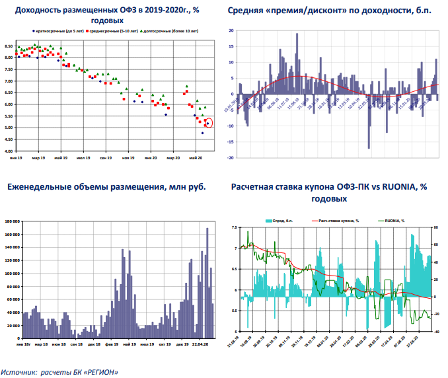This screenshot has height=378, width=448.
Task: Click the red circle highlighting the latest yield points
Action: [209, 122]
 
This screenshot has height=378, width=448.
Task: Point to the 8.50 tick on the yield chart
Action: [9, 46]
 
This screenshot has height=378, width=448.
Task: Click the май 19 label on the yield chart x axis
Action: [61, 159]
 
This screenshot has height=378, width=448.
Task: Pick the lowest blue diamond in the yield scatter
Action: [202, 133]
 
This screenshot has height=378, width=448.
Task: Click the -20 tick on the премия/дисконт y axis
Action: [229, 158]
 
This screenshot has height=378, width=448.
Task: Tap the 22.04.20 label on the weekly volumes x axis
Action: [200, 344]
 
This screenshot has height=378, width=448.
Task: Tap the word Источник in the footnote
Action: [20, 373]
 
